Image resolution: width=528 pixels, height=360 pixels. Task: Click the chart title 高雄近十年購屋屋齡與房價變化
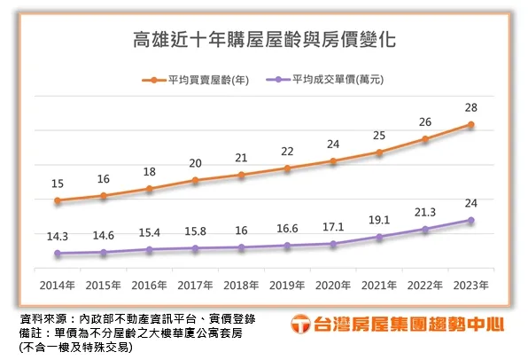(x=264, y=41)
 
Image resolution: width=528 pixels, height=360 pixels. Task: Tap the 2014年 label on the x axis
(x=58, y=285)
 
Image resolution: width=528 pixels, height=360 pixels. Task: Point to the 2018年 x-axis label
(x=241, y=285)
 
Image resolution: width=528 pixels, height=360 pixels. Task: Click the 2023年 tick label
(x=470, y=285)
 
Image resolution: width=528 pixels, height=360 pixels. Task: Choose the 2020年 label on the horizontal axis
(x=333, y=285)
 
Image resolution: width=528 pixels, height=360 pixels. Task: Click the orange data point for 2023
(x=471, y=124)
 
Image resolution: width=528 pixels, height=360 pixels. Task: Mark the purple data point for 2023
(x=471, y=220)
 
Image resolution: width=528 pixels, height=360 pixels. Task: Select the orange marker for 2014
(x=58, y=200)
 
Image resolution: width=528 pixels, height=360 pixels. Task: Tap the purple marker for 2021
(x=379, y=237)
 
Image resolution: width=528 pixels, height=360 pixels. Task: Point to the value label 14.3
(x=58, y=237)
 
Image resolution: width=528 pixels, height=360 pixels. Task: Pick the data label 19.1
(x=379, y=218)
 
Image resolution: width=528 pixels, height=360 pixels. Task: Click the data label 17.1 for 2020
(x=333, y=227)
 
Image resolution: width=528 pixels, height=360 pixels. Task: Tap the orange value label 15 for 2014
(x=58, y=184)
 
